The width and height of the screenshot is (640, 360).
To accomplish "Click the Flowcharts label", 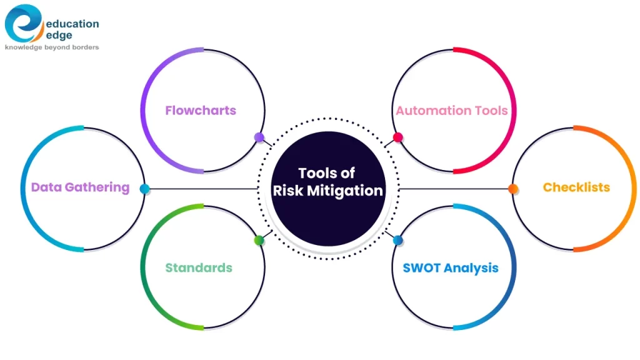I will pyautogui.click(x=201, y=111).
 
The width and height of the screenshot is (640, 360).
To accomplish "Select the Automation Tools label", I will pyautogui.click(x=451, y=111).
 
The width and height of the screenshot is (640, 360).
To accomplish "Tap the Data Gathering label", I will pyautogui.click(x=80, y=187).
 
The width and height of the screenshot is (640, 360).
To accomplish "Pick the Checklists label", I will pyautogui.click(x=576, y=187).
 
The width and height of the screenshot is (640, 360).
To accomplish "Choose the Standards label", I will pyautogui.click(x=199, y=267).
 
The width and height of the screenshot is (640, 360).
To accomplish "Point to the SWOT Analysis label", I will pyautogui.click(x=451, y=267).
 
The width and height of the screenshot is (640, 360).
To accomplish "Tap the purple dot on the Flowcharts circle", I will pyautogui.click(x=259, y=137).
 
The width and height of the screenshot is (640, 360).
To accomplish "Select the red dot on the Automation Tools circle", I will pyautogui.click(x=397, y=137).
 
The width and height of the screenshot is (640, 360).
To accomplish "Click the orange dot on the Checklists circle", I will pyautogui.click(x=513, y=189).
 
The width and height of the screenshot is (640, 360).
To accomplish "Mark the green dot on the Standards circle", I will pyautogui.click(x=259, y=241).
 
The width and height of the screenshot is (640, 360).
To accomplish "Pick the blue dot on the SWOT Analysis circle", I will pyautogui.click(x=397, y=241).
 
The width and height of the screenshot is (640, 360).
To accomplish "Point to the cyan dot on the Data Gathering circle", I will pyautogui.click(x=144, y=189).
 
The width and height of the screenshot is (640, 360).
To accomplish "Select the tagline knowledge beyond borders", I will pyautogui.click(x=52, y=47).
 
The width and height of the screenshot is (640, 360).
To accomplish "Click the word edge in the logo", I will pyautogui.click(x=59, y=36).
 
